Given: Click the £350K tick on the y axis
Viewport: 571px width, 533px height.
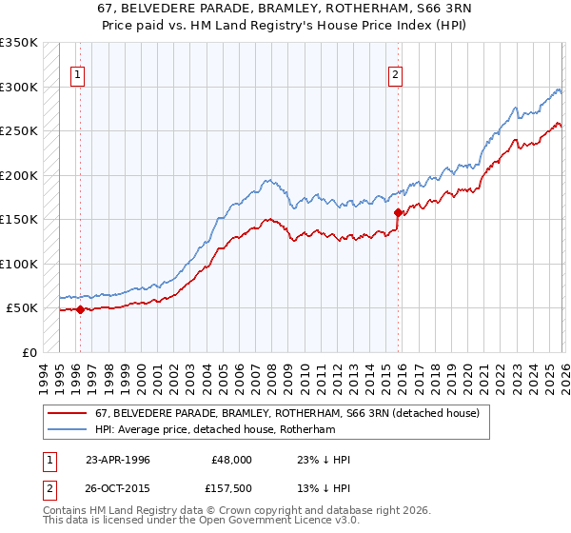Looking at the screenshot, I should coord(18,43).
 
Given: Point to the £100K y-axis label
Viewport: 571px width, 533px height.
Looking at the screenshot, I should coord(18,264).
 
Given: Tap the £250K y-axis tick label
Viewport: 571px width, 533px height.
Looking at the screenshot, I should coord(18,131).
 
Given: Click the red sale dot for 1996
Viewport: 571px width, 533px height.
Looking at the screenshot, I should coord(80,309).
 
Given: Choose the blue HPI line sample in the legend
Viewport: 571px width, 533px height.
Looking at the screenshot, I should coord(69,430).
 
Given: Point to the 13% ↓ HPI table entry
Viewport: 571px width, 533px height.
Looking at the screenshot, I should coord(324,490).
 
